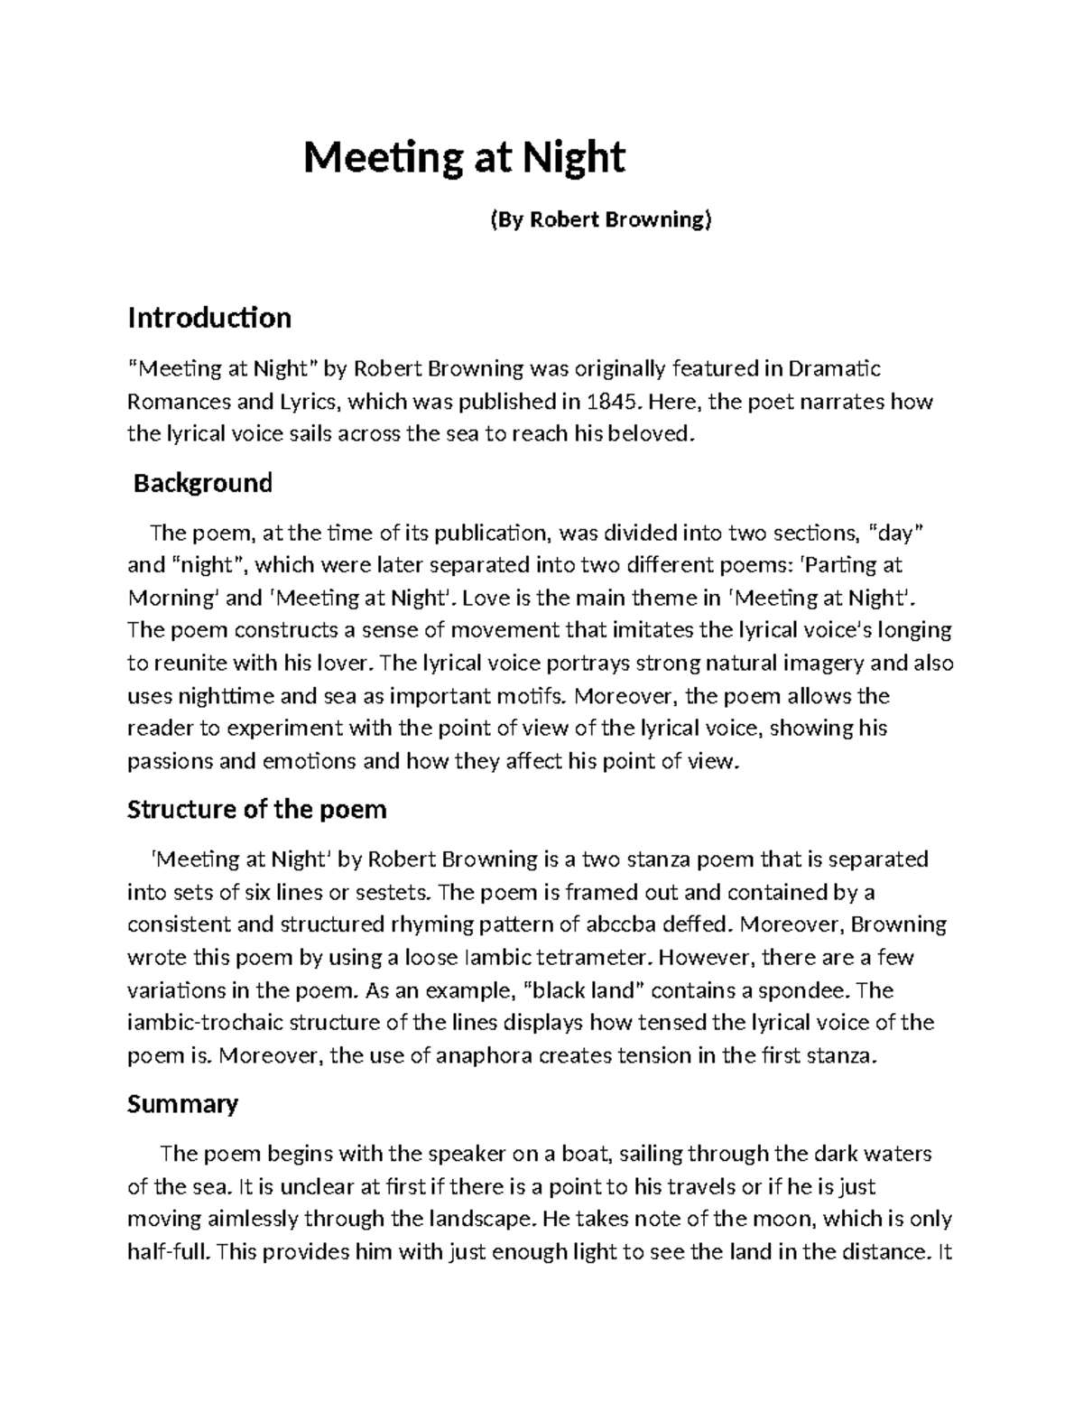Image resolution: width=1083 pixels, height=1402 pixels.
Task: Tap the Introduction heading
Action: (x=209, y=318)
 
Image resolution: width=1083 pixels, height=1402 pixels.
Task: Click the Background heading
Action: (x=203, y=483)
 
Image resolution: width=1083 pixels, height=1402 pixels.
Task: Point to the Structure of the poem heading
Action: (x=257, y=809)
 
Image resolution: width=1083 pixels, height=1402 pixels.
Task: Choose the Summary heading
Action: (x=183, y=1103)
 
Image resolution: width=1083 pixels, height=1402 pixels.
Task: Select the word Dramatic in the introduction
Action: (x=835, y=368)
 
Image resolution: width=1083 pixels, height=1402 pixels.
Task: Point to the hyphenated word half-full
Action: (x=169, y=1251)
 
